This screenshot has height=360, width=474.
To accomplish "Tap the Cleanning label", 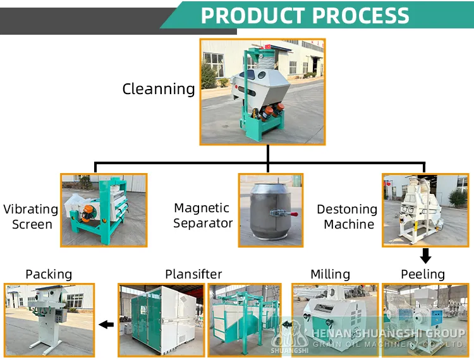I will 159,89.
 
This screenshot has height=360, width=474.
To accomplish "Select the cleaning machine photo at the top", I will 262,92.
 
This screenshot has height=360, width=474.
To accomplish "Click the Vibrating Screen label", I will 30,217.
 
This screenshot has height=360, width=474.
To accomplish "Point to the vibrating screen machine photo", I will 104,210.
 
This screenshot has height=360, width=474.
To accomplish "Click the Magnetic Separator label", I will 203,215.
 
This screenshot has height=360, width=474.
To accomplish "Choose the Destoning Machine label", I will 347,217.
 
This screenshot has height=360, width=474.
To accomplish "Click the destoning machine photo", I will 425,210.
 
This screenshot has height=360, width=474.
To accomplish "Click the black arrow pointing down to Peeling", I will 426,256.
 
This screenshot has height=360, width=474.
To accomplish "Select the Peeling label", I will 423,274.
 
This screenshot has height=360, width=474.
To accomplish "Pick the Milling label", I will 330,274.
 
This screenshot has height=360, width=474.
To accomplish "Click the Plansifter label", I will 193,274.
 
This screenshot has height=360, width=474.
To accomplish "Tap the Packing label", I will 49,274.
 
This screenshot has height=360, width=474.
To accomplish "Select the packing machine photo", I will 49,320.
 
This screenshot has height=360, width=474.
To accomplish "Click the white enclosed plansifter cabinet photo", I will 161,320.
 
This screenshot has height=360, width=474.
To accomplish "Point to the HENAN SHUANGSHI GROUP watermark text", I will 388,333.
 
